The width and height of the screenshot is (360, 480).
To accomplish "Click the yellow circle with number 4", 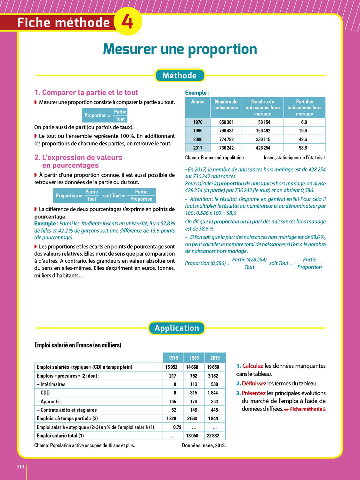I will pos(128,21).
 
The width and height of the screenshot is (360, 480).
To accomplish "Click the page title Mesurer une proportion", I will pos(180,49).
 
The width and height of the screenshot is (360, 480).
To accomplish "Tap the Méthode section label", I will pos(180,76).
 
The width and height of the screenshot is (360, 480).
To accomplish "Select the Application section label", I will pos(177,328).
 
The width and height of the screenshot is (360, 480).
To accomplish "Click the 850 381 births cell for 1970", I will pos(226,122).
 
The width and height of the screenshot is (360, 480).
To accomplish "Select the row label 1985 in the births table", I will pos(198,131).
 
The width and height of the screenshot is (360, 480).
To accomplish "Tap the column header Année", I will pos(198,102).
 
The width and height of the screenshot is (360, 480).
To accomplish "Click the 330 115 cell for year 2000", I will pos(263,139).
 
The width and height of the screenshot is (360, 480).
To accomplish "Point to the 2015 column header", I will pos(215,358).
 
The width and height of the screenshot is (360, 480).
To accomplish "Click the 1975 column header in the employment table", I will pos(173,358).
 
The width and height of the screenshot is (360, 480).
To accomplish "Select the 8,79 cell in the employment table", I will pos(177,427).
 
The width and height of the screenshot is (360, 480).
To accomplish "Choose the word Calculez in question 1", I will pos(252,366).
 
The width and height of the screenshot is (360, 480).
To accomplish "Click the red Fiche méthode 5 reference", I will pos(308,409).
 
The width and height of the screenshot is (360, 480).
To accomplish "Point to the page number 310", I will pos(20,467).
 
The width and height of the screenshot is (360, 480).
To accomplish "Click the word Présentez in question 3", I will pos(253,393).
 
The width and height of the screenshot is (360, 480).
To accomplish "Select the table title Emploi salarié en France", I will pos(78,345).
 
